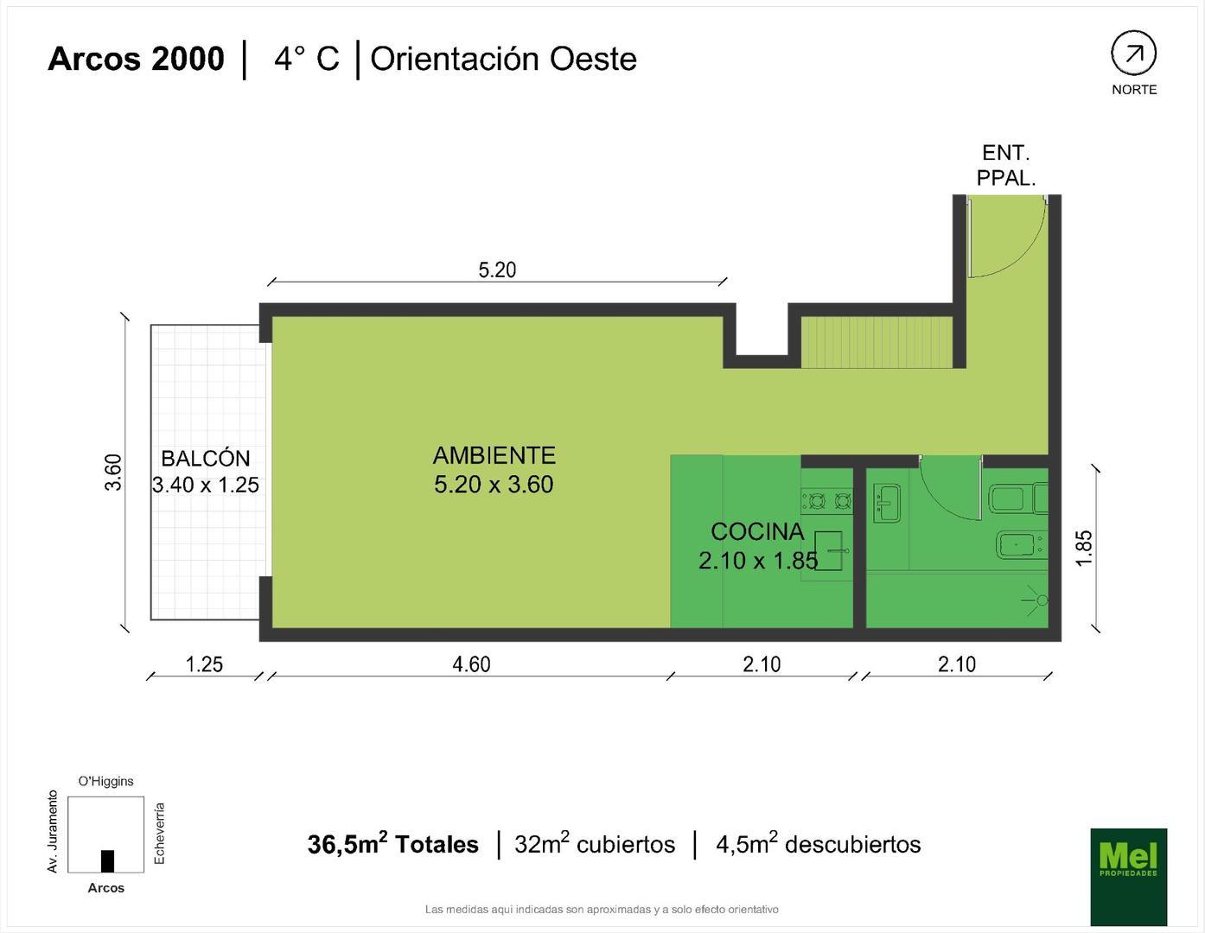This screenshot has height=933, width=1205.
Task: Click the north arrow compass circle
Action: pyautogui.click(x=1133, y=54)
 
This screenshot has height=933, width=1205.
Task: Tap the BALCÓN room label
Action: pyautogui.click(x=206, y=459)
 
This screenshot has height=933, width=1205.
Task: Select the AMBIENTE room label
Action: pyautogui.click(x=494, y=455)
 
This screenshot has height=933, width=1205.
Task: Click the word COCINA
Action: pyautogui.click(x=757, y=531)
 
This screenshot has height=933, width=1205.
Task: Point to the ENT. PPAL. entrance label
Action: pyautogui.click(x=1005, y=165)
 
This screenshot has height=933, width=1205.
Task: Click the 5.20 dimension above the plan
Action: pyautogui.click(x=497, y=270)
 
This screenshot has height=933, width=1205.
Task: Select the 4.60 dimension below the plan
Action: pyautogui.click(x=471, y=663)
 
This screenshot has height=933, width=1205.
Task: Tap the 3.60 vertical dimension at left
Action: pyautogui.click(x=113, y=473)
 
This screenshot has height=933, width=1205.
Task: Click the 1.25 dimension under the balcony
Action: pyautogui.click(x=204, y=663)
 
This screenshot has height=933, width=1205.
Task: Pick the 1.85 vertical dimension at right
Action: pyautogui.click(x=1084, y=548)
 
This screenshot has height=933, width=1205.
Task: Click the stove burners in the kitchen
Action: pyautogui.click(x=826, y=500)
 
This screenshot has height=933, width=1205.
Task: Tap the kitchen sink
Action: pyautogui.click(x=828, y=551)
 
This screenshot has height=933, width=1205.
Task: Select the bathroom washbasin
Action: pyautogui.click(x=887, y=504)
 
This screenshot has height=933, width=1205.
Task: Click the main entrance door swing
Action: pyautogui.click(x=1003, y=238)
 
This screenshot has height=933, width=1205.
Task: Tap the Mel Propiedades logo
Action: pyautogui.click(x=1128, y=876)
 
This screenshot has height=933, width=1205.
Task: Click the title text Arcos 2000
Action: pyautogui.click(x=136, y=59)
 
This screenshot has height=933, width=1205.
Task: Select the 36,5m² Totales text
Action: pyautogui.click(x=392, y=844)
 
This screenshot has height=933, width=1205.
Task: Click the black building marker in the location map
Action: pyautogui.click(x=107, y=860)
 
